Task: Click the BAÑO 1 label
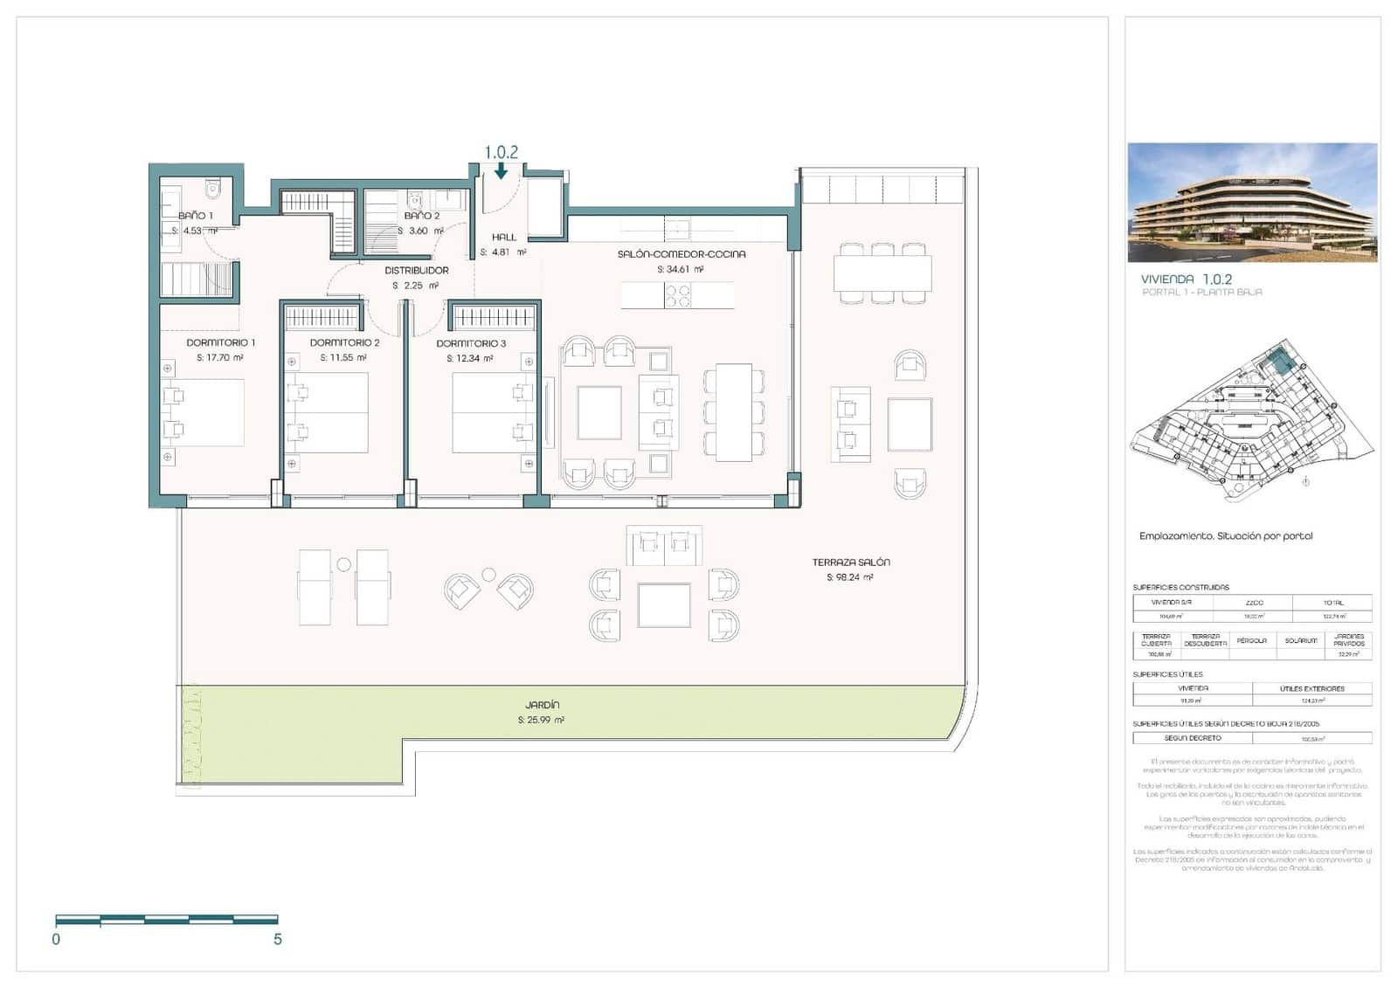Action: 195,216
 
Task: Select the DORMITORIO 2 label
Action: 344,343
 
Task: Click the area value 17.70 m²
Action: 219,358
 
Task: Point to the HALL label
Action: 504,238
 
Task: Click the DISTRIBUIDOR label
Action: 417,271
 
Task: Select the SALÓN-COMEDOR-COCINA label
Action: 682,254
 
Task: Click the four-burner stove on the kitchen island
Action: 677,295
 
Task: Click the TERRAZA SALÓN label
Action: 851,563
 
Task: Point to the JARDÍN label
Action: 543,705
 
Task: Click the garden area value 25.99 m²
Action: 541,721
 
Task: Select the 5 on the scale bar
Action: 278,940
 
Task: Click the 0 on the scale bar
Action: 56,940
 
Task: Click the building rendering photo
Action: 1252,203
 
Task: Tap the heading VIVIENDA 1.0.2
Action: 1187,280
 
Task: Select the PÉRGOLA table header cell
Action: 1251,641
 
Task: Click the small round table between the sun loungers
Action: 344,565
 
